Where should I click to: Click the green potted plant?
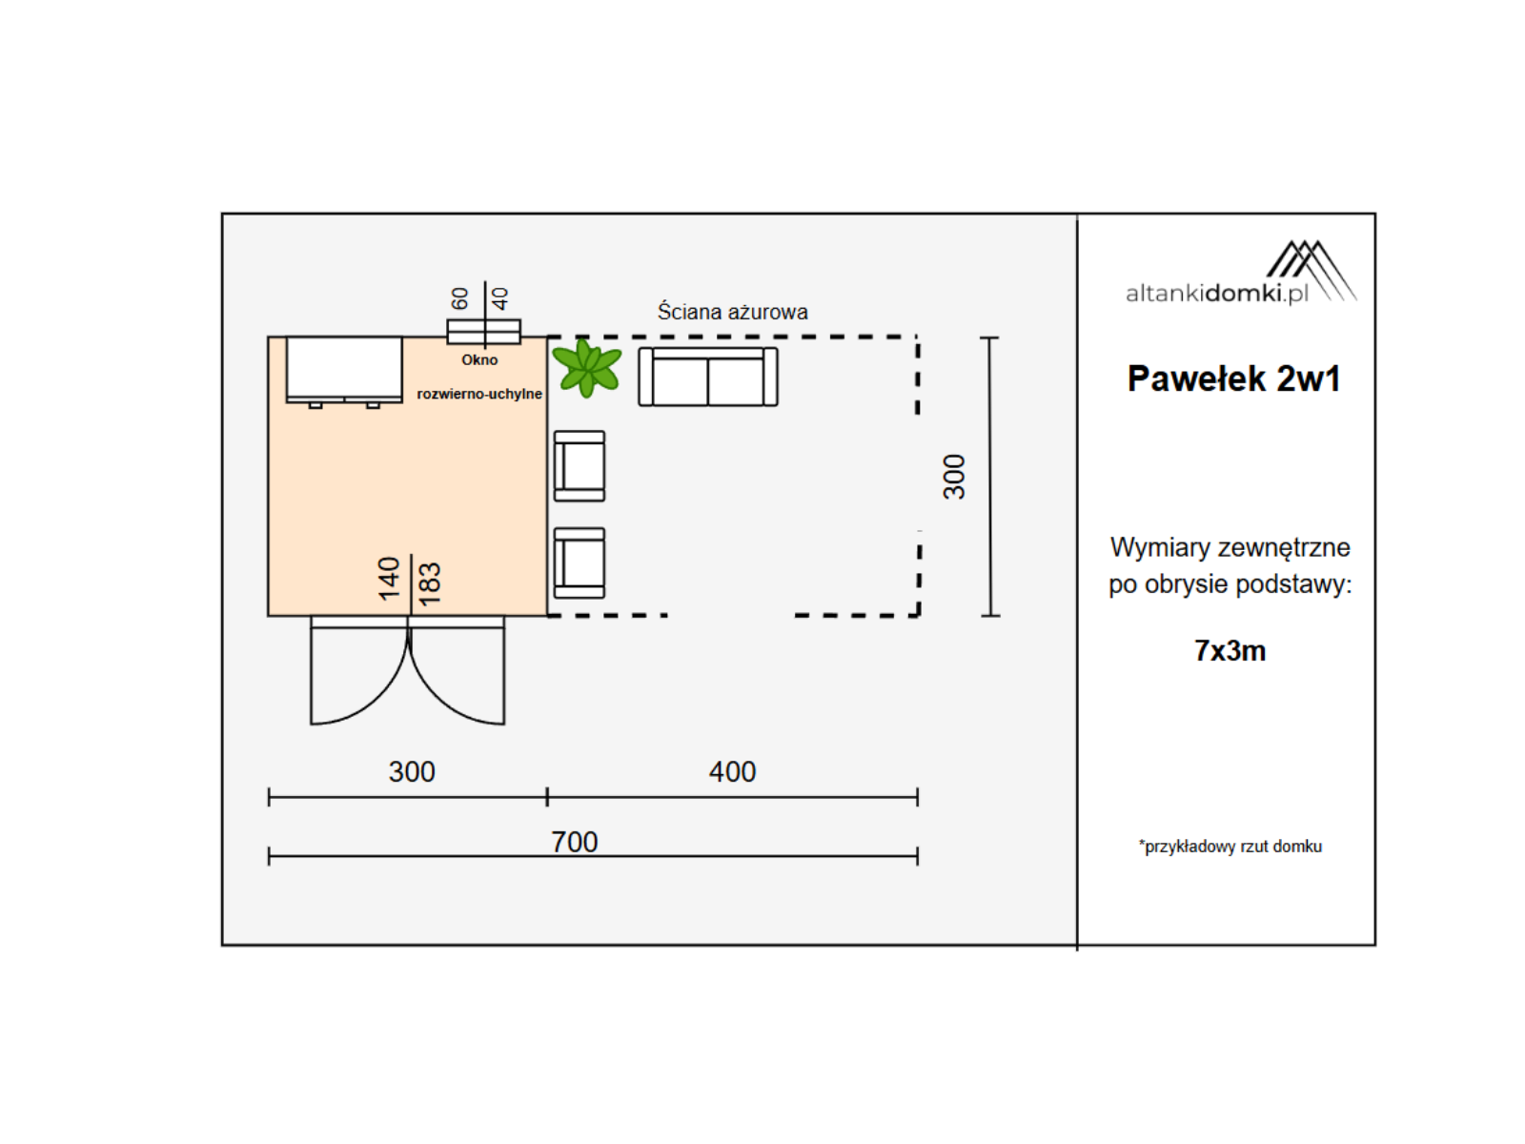tap(585, 368)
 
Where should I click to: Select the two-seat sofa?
tap(707, 377)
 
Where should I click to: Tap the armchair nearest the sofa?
tap(579, 465)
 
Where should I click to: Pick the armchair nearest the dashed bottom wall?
tap(579, 562)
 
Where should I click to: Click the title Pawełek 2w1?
tap(1233, 378)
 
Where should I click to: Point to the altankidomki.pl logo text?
tap(1216, 294)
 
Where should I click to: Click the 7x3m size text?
tap(1230, 651)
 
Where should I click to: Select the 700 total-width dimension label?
tap(574, 842)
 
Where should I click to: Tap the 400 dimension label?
tap(732, 771)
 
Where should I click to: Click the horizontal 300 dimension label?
tap(412, 771)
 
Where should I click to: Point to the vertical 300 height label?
tap(955, 478)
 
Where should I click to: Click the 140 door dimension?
tap(389, 579)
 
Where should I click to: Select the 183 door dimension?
tap(430, 583)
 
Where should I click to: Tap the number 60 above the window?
tap(460, 298)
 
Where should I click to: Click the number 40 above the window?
tap(500, 298)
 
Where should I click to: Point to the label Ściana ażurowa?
tap(732, 312)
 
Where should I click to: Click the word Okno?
tap(479, 359)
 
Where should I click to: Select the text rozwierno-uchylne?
tap(479, 394)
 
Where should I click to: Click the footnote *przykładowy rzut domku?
tap(1230, 846)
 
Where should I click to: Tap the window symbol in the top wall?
tap(483, 332)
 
